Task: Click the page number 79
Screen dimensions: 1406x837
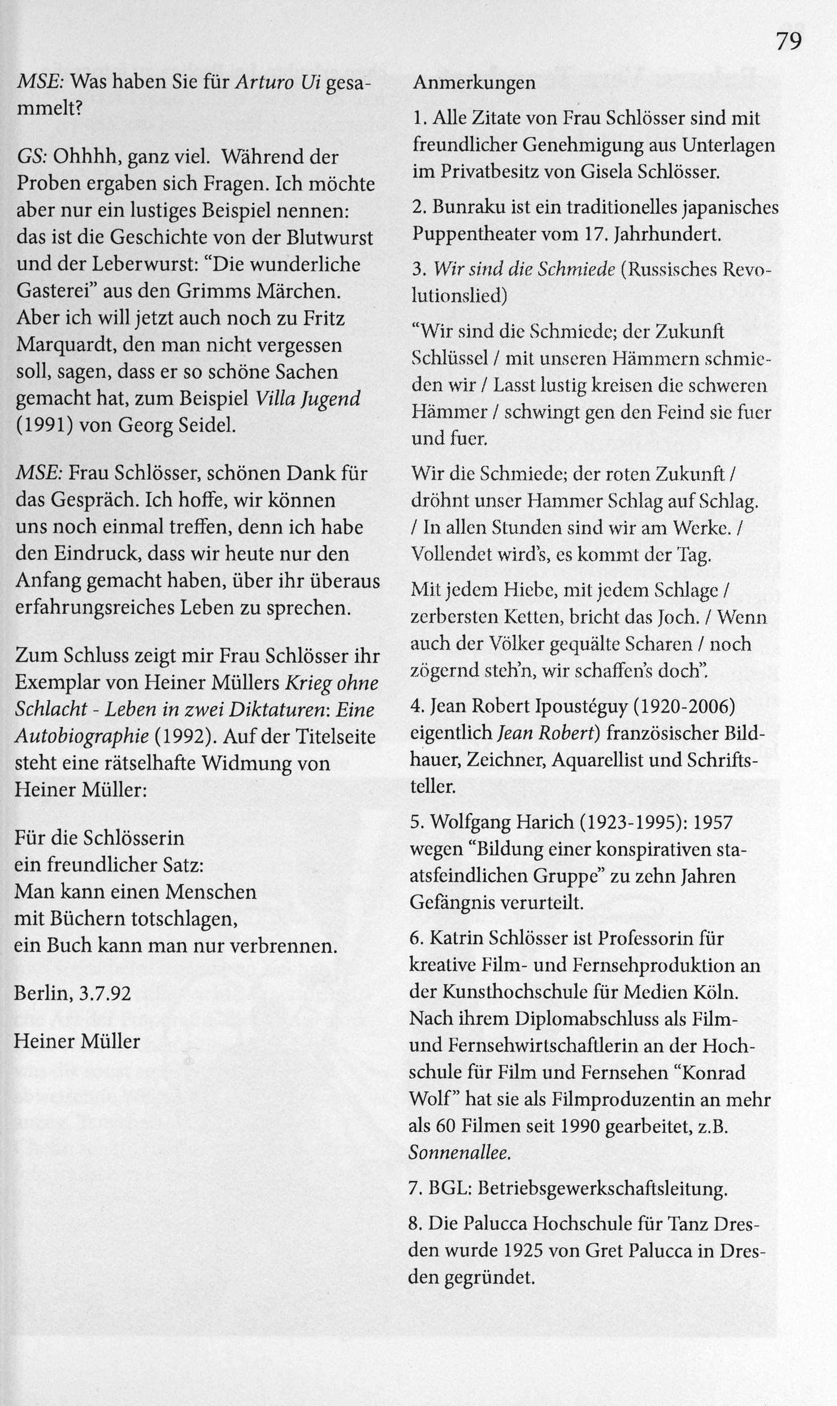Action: (x=788, y=41)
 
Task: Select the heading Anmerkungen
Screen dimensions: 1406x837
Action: (x=474, y=83)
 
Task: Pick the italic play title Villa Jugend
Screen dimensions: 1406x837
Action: (x=308, y=398)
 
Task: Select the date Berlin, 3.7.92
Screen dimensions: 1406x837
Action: (x=72, y=993)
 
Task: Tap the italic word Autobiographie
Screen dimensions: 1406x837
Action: (x=81, y=736)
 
